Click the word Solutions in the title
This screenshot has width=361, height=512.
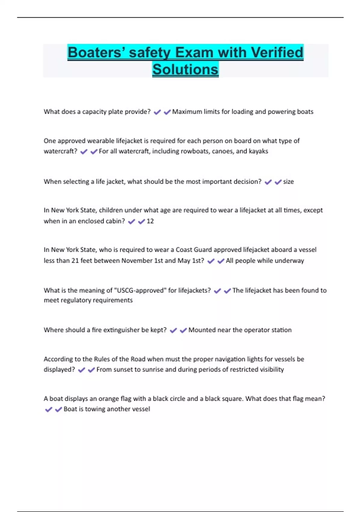[x=185, y=70]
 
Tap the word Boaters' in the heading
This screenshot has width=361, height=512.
[x=94, y=52]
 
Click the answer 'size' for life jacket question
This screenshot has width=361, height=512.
[x=288, y=182]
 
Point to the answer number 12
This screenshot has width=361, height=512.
[x=150, y=221]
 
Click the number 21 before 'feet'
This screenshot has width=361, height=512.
[x=75, y=261]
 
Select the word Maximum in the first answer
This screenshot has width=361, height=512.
[x=187, y=112]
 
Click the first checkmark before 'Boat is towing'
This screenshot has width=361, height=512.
[x=48, y=409]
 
